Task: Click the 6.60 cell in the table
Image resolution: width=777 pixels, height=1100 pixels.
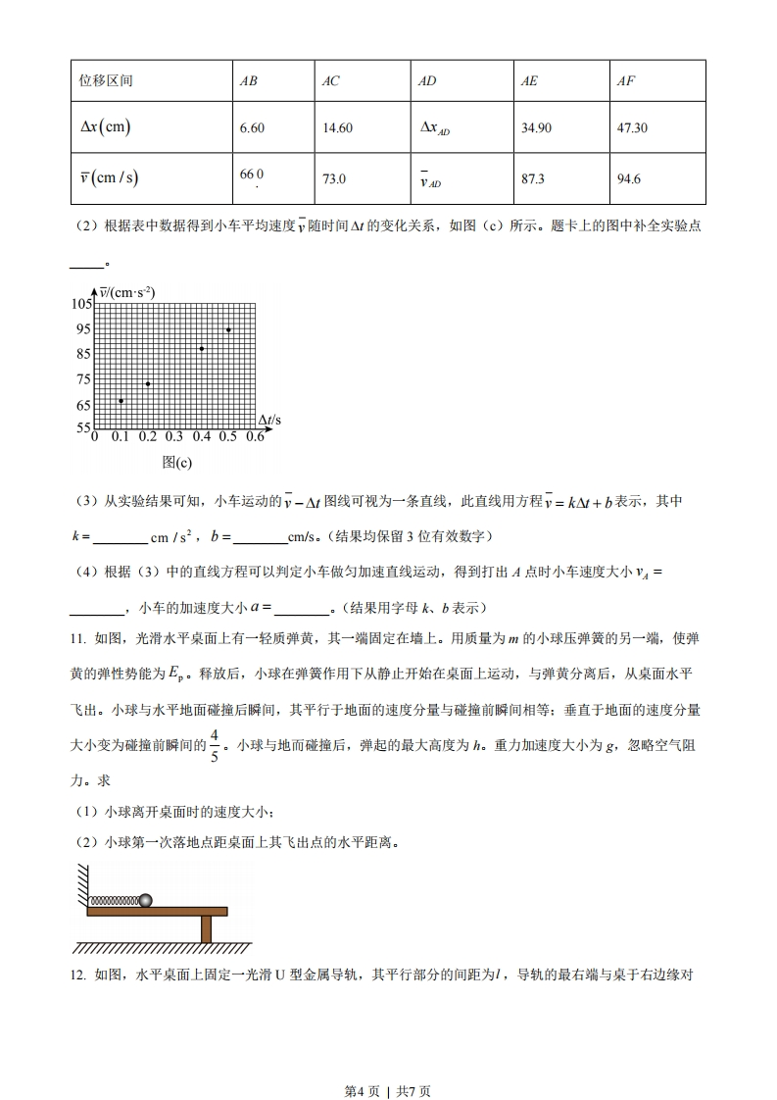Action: [252, 128]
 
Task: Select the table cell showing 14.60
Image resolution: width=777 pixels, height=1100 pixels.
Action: [337, 128]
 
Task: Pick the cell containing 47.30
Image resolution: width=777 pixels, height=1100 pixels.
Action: [632, 128]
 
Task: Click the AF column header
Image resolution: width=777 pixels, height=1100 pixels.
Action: [625, 80]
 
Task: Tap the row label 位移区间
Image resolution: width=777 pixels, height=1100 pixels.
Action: [105, 80]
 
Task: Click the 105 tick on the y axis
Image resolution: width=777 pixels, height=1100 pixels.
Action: [80, 304]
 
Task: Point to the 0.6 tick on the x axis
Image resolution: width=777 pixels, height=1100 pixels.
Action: [255, 437]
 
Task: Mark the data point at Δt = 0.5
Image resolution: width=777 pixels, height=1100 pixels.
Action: [228, 329]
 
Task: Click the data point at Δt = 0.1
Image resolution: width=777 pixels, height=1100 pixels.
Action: [121, 400]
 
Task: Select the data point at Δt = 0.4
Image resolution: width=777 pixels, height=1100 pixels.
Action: [202, 348]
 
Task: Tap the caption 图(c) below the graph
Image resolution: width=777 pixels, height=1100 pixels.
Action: [176, 462]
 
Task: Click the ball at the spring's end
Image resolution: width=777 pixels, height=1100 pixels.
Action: [146, 899]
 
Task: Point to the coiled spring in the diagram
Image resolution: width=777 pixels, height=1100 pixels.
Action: [113, 900]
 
